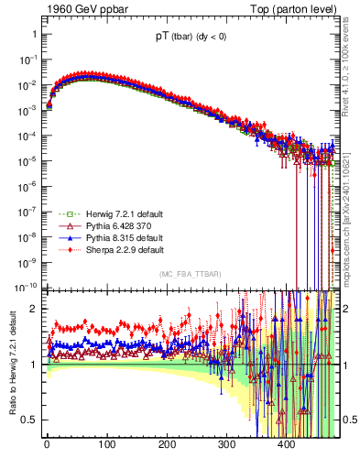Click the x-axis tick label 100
[107, 445]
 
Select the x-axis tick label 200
[167, 445]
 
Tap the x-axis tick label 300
[227, 445]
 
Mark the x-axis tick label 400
[287, 445]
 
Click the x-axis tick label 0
[47, 445]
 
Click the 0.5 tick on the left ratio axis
[27, 420]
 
